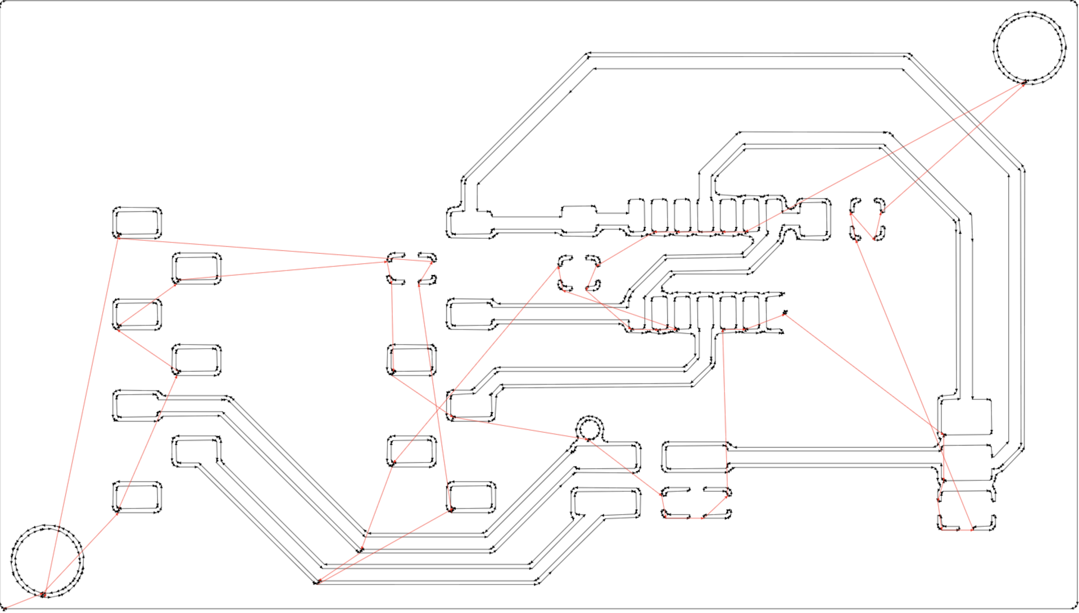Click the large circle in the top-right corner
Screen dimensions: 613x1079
1029,47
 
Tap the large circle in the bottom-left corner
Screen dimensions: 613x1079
47,560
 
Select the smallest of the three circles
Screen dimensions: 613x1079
589,429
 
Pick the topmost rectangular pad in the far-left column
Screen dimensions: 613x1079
137,223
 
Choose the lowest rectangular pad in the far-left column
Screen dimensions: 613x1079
137,497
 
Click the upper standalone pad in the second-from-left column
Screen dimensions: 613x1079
197,268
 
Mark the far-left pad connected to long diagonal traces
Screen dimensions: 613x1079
137,406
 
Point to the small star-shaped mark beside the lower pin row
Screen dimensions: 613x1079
785,312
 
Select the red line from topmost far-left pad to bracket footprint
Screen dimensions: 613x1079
253,249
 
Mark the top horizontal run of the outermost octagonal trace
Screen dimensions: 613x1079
747,54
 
